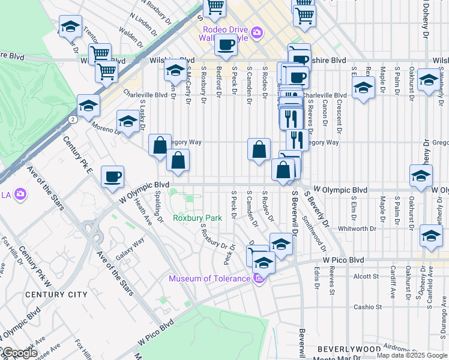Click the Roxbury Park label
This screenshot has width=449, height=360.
coord(197,218)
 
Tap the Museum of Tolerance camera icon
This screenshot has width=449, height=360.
coord(258,278)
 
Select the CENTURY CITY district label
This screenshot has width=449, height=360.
coord(56,295)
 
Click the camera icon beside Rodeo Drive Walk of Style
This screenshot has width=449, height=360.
coord(256,32)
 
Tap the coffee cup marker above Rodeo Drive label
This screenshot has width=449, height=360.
coord(226,46)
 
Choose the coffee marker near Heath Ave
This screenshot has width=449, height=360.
coord(112,177)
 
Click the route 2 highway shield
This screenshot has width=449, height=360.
coord(72,119)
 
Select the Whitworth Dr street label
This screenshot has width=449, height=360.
coord(357,229)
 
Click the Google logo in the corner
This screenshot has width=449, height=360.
coord(19,353)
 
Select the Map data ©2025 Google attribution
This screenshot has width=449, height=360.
coord(411,355)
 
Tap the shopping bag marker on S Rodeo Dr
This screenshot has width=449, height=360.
coord(259,150)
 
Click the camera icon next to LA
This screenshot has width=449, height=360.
coord(20,194)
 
